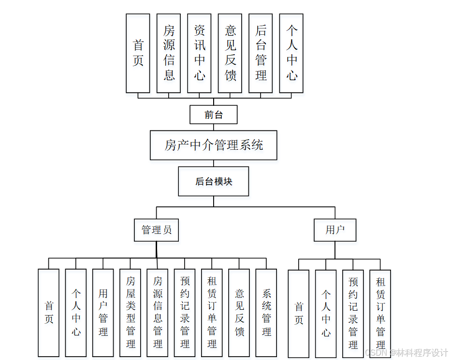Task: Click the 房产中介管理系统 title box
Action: (x=213, y=145)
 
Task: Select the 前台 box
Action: (x=213, y=115)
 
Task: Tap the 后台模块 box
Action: (x=214, y=182)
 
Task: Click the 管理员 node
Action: (x=156, y=230)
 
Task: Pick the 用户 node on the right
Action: (x=335, y=230)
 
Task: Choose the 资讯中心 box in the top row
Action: (x=199, y=53)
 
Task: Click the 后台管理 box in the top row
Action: (x=261, y=53)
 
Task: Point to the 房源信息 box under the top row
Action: (x=169, y=53)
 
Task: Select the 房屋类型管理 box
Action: (x=131, y=313)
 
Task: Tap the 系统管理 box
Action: (x=266, y=313)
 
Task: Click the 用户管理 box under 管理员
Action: (x=103, y=313)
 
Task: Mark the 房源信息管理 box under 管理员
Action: (x=158, y=313)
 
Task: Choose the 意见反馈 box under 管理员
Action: (x=239, y=313)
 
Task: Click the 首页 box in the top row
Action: (x=138, y=53)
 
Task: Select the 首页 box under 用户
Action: (x=299, y=314)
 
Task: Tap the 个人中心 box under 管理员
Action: (x=76, y=313)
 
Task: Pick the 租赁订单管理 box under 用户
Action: (x=380, y=314)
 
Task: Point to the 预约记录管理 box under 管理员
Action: (x=185, y=313)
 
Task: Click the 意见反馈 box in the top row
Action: (x=230, y=53)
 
